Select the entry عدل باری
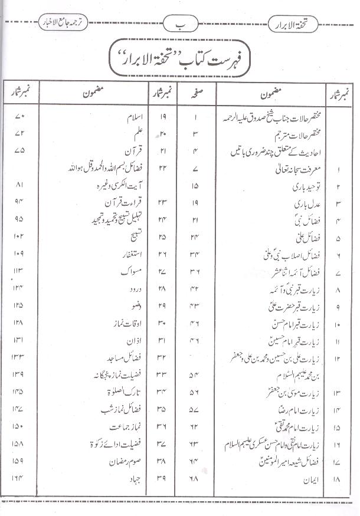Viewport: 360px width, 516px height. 299,205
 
